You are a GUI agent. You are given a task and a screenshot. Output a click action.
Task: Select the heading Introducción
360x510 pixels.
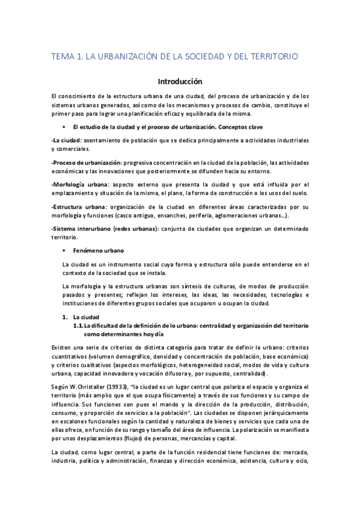pos(180,81)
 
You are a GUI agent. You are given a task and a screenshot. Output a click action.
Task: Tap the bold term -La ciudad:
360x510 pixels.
pos(66,140)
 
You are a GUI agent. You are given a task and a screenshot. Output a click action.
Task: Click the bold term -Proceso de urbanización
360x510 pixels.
pos(86,162)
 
